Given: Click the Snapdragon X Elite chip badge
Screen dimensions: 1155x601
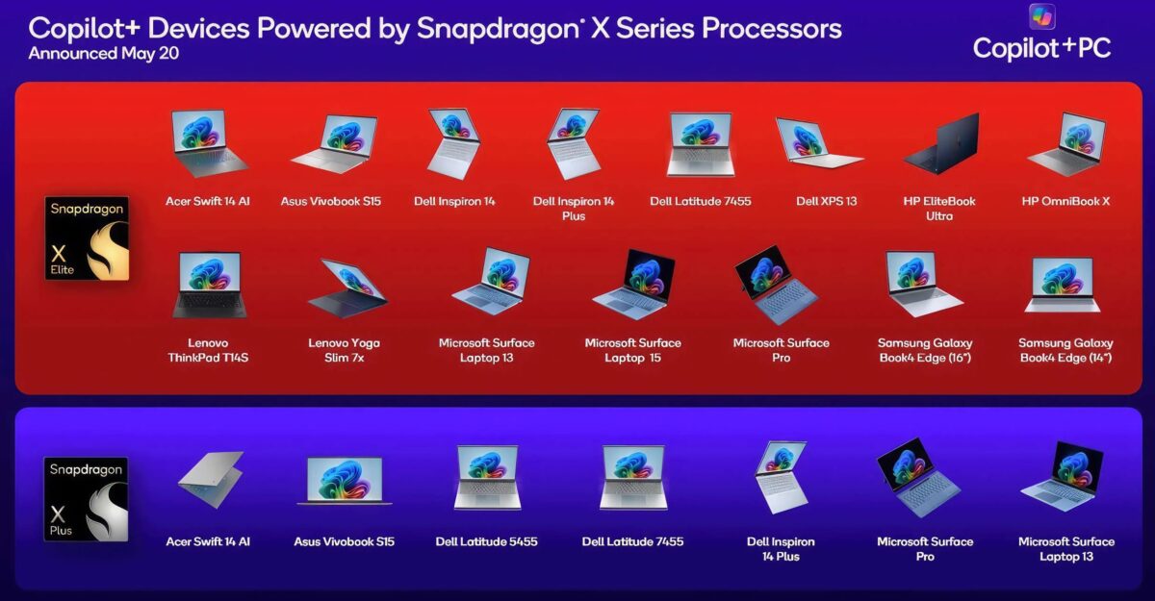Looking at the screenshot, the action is coord(87,238).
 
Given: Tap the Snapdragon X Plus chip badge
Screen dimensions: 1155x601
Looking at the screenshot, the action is coord(86,499).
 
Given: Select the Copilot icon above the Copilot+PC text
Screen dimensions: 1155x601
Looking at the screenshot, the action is coord(1041,16).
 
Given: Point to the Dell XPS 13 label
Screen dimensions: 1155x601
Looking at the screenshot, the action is coord(827,201).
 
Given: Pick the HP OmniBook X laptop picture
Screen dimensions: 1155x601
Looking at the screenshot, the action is coord(1065,144).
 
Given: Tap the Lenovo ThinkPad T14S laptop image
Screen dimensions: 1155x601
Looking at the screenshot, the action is coord(209,285).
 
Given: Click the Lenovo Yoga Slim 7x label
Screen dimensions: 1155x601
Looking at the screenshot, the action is coord(344,350).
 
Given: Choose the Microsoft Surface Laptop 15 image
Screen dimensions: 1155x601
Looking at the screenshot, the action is coord(634,285).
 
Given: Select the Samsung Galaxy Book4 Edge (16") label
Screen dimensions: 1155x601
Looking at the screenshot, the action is coord(925,350).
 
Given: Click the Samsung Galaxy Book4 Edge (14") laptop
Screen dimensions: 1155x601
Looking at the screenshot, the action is coord(1063,285).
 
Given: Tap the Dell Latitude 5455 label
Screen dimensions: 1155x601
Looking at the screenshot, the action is coord(486,541).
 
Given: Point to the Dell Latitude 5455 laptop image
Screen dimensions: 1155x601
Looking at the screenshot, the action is coord(487,477).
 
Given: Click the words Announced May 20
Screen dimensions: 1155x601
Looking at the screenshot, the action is coord(104,54).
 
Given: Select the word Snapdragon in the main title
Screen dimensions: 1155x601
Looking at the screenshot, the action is coord(498,29).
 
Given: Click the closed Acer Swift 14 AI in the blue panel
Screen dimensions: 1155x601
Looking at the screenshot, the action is coord(211,479).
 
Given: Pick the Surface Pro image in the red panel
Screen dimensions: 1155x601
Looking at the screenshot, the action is coord(776,285).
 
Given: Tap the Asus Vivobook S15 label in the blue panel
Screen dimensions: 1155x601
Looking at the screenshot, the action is coord(344,541).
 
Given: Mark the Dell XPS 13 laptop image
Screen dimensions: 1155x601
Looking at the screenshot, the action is coord(820,143).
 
